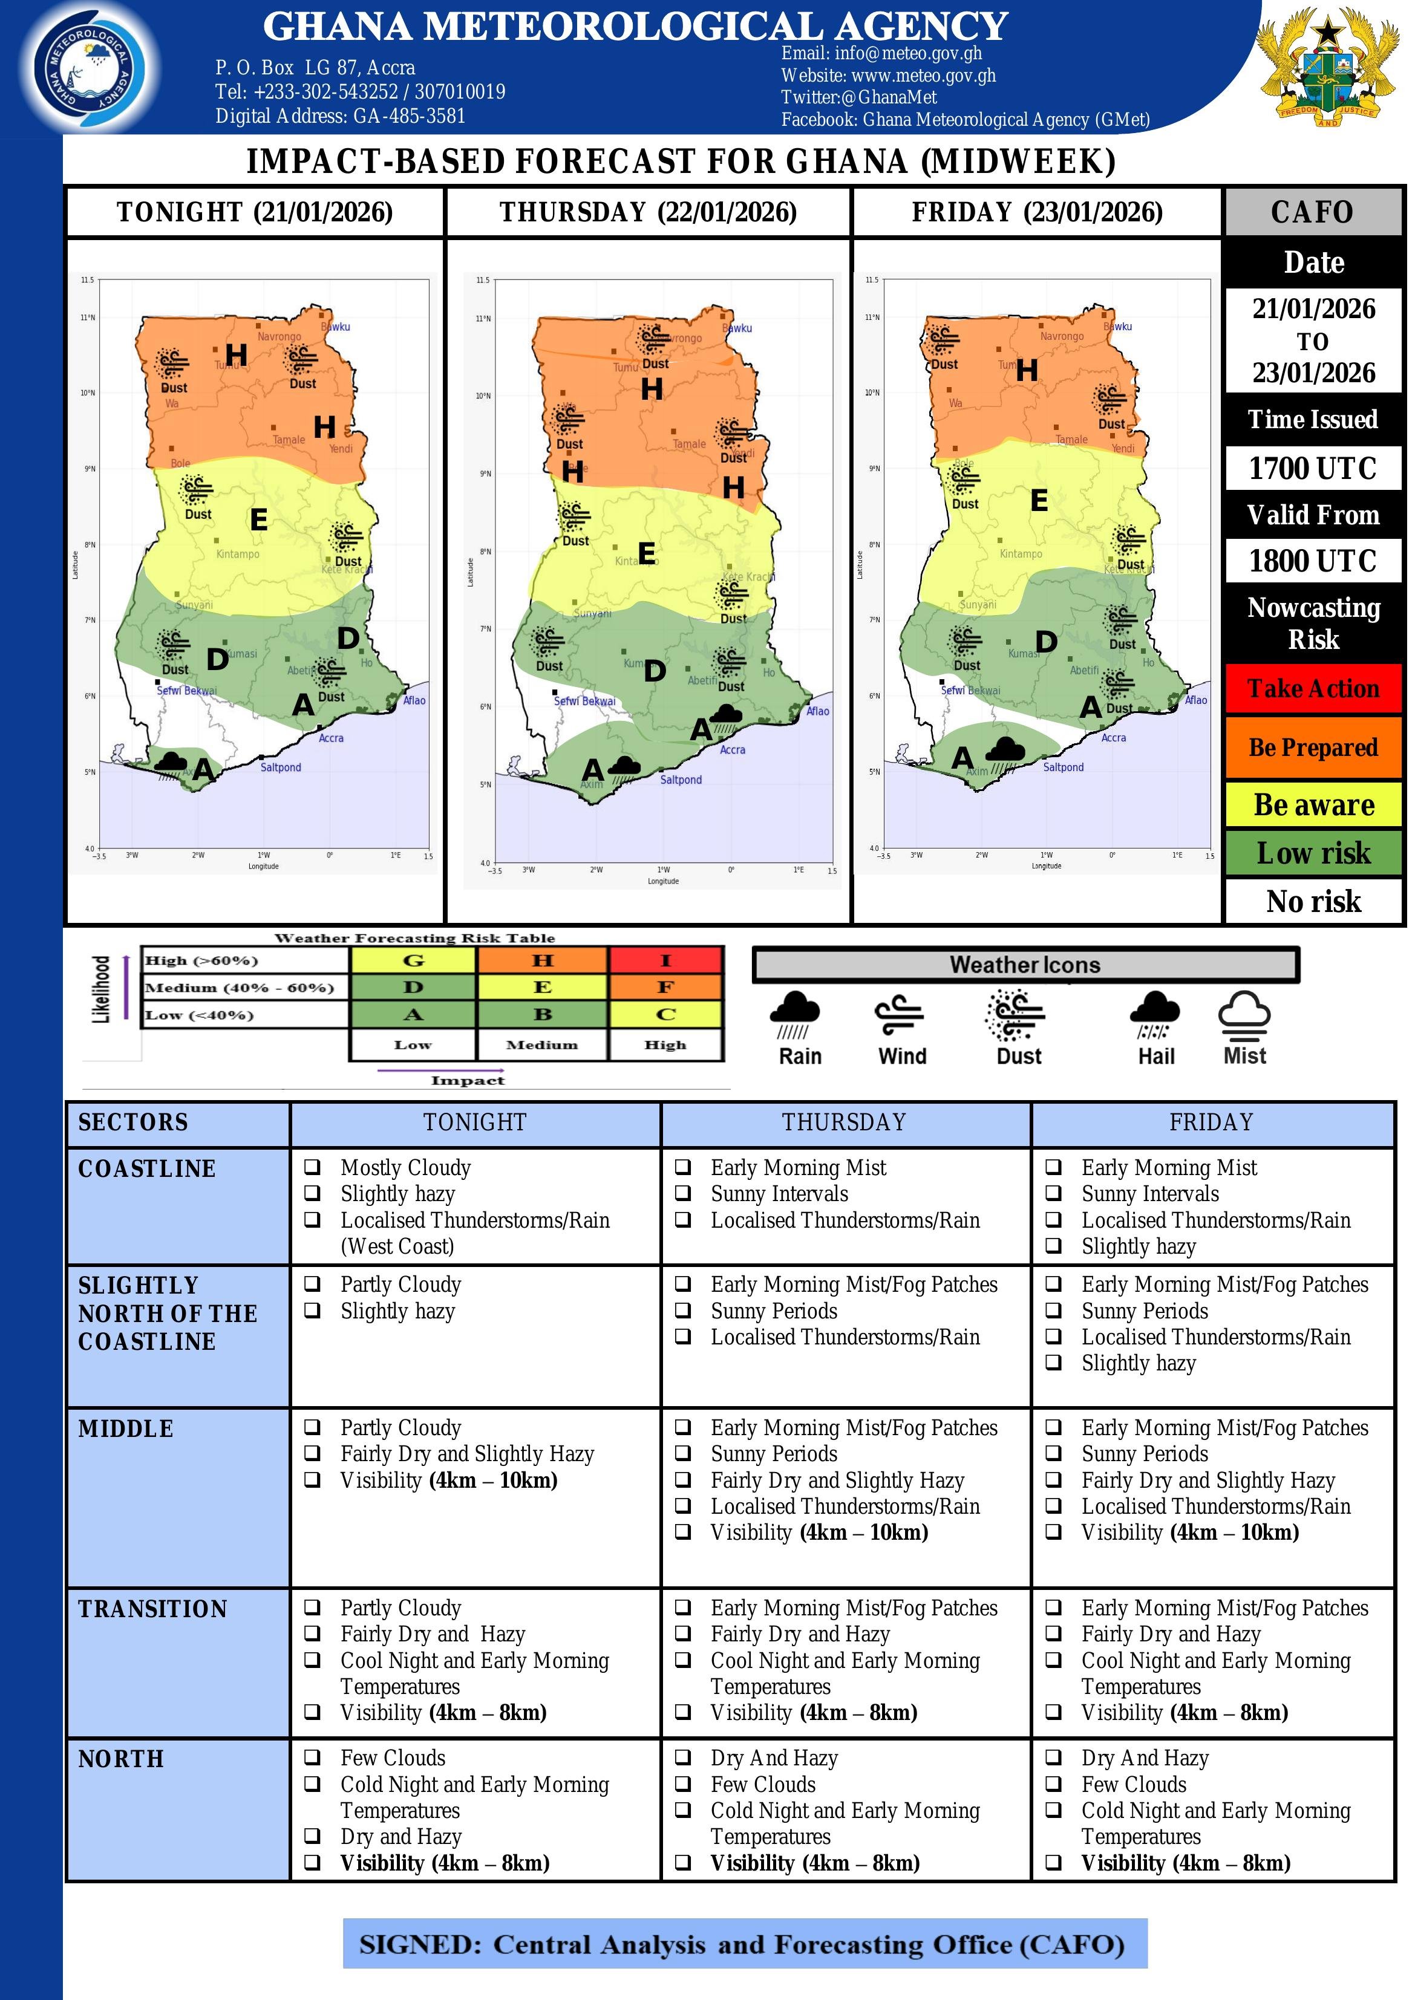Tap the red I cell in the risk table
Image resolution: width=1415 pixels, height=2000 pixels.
click(x=665, y=960)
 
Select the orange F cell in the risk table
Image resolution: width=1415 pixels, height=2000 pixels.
click(x=665, y=987)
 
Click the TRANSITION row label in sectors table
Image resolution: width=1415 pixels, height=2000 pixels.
click(x=153, y=1609)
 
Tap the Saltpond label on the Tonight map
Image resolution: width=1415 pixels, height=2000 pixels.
click(x=281, y=767)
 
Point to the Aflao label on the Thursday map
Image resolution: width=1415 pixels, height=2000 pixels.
click(x=817, y=712)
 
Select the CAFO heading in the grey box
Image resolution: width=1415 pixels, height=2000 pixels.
click(x=1312, y=212)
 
